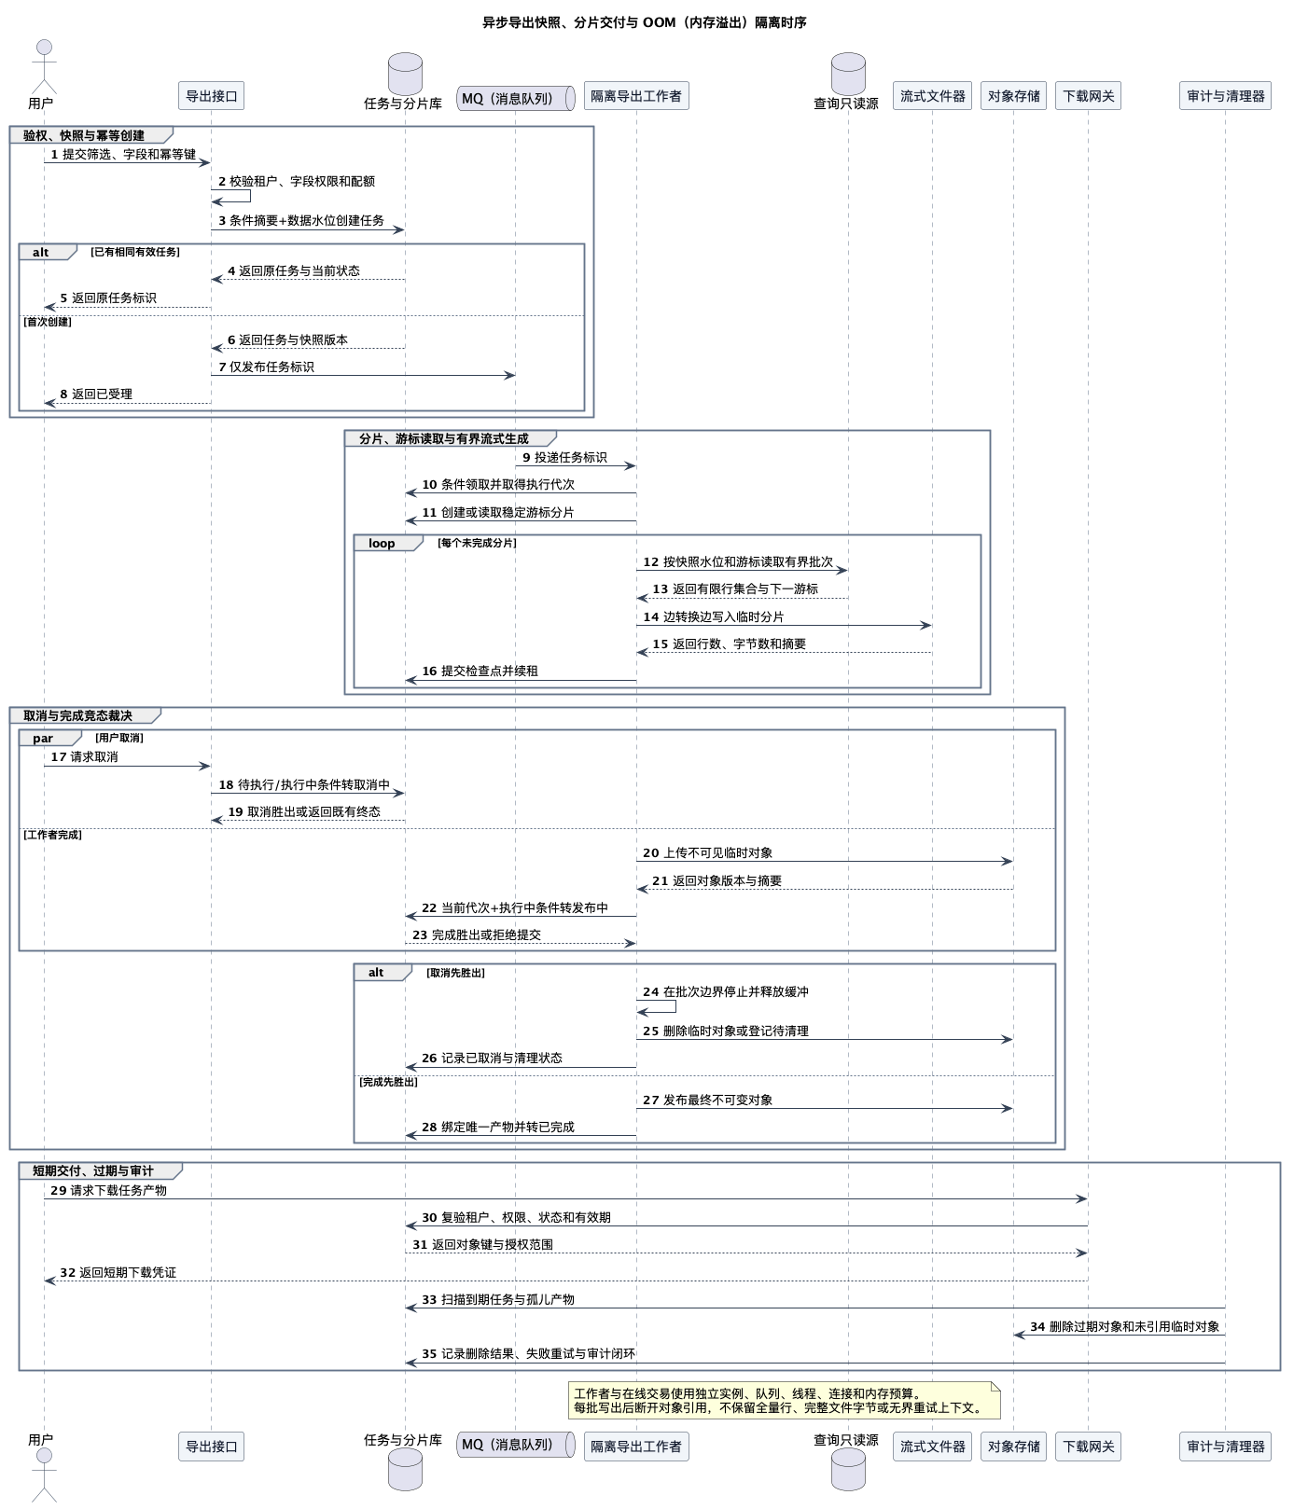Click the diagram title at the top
pos(645,22)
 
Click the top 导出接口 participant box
pos(212,96)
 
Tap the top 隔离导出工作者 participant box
pos(636,96)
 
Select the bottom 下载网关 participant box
pos(1089,1447)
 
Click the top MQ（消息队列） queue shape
pos(516,98)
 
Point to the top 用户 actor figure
pos(44,66)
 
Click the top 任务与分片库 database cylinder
pos(405,74)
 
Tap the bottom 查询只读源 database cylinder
pos(848,1469)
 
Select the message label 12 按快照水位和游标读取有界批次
pos(738,562)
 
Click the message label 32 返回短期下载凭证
pos(118,1273)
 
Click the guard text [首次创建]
pos(48,322)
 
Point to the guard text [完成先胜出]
pos(389,1082)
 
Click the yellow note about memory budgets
pos(785,1401)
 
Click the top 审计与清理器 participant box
pos(1226,96)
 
